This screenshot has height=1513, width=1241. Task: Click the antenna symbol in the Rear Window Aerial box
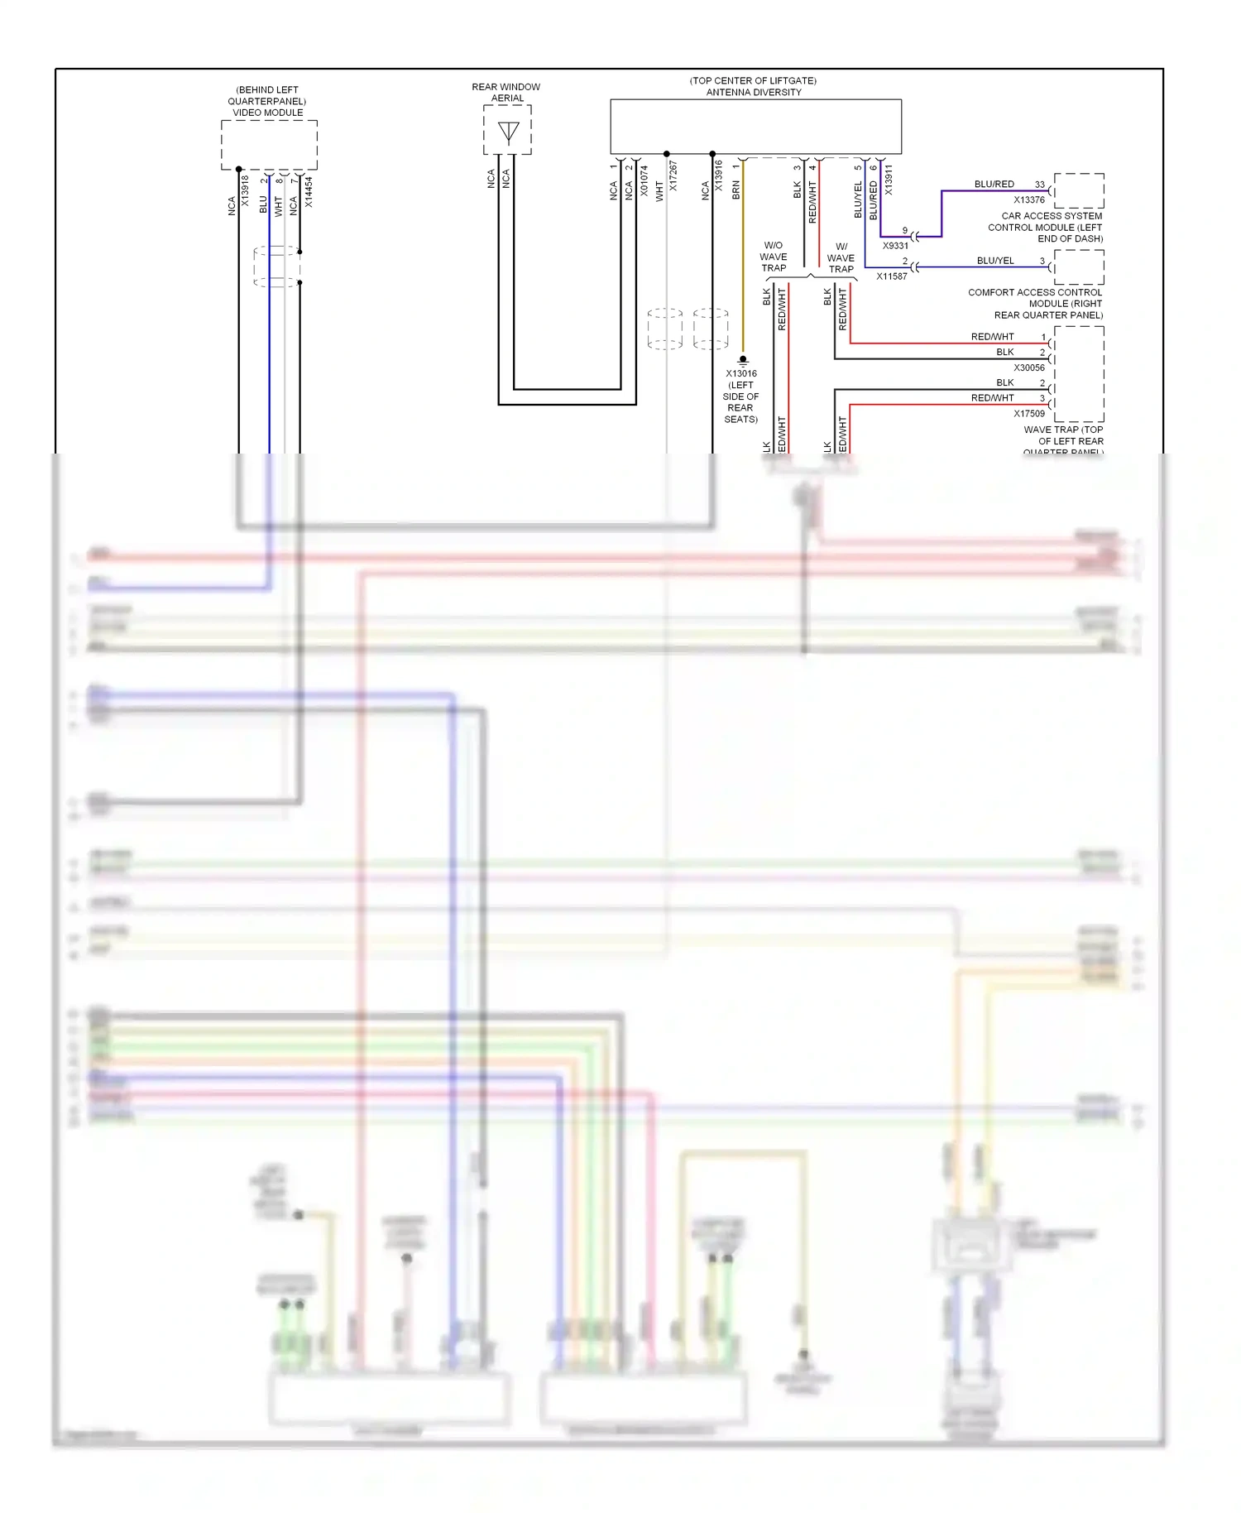(x=508, y=132)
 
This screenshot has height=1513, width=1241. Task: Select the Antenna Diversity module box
(x=755, y=127)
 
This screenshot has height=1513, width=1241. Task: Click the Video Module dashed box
(x=269, y=145)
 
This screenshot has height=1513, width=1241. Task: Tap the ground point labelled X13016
(x=742, y=360)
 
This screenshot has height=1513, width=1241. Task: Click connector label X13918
(x=245, y=190)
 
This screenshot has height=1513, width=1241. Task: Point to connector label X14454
(x=309, y=191)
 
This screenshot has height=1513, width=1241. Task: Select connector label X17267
(x=673, y=176)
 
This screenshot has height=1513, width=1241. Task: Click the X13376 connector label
(x=1028, y=199)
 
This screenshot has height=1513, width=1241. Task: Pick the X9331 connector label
(x=895, y=246)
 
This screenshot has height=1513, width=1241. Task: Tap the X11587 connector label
(x=892, y=276)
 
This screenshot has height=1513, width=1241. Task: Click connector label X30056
(x=1028, y=367)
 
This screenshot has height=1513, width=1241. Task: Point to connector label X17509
(x=1028, y=413)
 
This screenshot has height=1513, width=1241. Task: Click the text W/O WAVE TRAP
(x=774, y=257)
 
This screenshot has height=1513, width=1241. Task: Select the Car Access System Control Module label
(x=1045, y=227)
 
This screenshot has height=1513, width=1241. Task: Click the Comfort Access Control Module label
(x=1035, y=304)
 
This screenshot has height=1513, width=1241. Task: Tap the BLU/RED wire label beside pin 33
(x=994, y=184)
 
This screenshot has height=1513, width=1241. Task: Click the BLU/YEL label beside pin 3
(x=994, y=261)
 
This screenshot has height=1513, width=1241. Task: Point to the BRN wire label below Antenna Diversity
(x=736, y=190)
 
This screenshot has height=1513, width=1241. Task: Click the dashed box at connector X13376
(x=1079, y=191)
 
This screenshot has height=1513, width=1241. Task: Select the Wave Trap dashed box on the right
(x=1079, y=374)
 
